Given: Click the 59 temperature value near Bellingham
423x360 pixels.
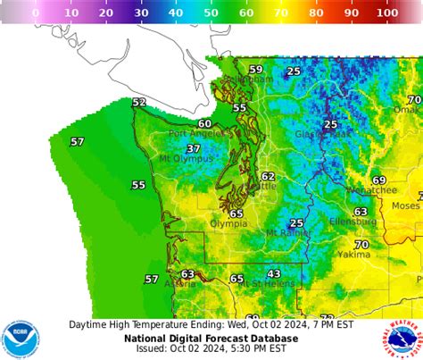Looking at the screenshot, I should click(x=256, y=70).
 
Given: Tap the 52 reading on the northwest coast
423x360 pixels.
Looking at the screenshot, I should click(x=139, y=103).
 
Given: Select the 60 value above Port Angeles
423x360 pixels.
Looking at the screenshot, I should click(x=204, y=124).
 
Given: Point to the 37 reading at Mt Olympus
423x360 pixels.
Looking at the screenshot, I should click(x=194, y=148).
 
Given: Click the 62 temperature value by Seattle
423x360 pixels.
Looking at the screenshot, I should click(x=268, y=177).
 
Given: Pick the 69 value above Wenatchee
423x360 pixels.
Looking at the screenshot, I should click(x=379, y=180).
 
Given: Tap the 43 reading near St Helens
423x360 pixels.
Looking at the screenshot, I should click(x=274, y=274).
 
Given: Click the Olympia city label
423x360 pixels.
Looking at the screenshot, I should click(x=228, y=223).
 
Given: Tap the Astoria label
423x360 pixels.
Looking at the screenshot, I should click(x=181, y=284).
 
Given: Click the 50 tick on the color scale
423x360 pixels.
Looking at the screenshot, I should click(x=211, y=13).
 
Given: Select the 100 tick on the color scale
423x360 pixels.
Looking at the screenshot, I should click(x=387, y=13).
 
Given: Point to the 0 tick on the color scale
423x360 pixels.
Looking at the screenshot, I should click(x=36, y=13).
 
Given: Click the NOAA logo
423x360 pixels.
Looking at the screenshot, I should click(x=21, y=339).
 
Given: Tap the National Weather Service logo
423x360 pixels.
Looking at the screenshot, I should click(x=402, y=339).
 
